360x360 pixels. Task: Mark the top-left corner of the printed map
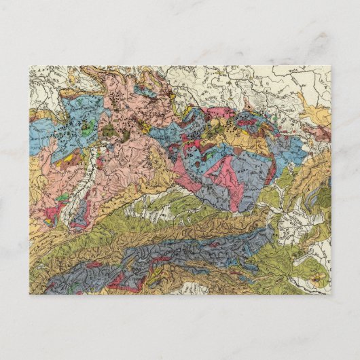30,66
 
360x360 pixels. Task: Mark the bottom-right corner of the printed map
331,294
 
